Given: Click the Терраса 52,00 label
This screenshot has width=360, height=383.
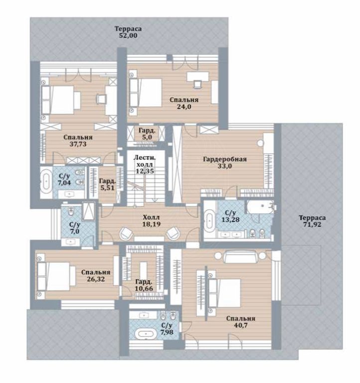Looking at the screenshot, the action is tap(128, 32).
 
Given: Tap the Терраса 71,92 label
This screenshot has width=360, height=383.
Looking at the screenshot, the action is tap(312, 221).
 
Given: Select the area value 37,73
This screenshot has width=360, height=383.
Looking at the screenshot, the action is tap(78, 144).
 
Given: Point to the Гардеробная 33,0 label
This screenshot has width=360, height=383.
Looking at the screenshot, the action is tap(225, 163).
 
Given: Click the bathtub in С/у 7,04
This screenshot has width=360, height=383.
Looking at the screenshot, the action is tap(46, 182).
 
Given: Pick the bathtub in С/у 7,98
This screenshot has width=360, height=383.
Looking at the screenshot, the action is tap(146, 334).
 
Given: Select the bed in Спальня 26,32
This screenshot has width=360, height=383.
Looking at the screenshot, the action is tap(56, 276).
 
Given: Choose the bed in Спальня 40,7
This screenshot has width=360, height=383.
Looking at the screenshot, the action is tap(225, 293).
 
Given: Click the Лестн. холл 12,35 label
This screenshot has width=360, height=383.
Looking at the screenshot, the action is tap(145, 164).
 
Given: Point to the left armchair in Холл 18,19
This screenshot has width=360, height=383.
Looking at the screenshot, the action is tap(126, 233).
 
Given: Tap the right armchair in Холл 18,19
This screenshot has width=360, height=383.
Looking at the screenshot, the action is tap(173, 233).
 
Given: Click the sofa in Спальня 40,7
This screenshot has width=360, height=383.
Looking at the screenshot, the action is tap(240, 256).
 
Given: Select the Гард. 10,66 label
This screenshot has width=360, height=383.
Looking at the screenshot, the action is tap(144, 285).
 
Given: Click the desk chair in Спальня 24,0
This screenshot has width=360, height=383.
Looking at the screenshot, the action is tap(197, 84).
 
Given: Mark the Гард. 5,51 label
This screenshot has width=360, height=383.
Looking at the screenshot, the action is tap(107, 185).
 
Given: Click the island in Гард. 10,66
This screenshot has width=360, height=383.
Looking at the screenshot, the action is tap(144, 270).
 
